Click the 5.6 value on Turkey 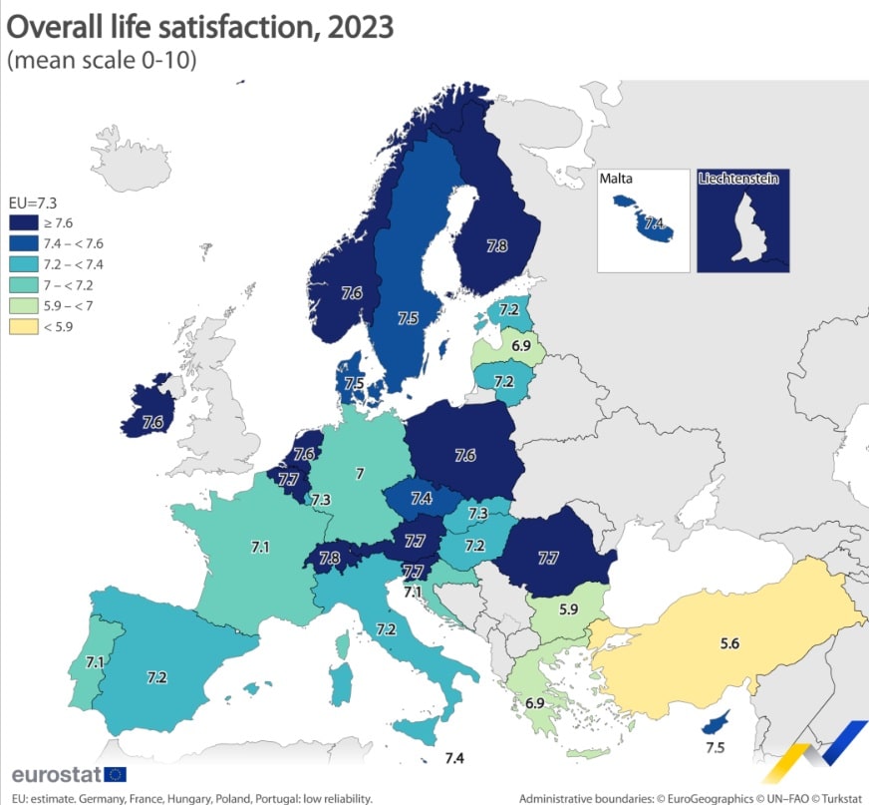[x=729, y=644]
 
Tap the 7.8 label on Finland [x=497, y=244]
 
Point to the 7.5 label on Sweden [x=408, y=318]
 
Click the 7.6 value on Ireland [x=152, y=422]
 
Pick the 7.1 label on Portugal [x=96, y=661]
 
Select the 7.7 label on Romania [x=548, y=559]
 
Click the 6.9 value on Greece [x=535, y=703]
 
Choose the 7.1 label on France [x=260, y=547]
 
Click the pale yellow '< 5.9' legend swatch [x=24, y=325]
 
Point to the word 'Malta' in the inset [x=617, y=180]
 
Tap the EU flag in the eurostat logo [x=114, y=774]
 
